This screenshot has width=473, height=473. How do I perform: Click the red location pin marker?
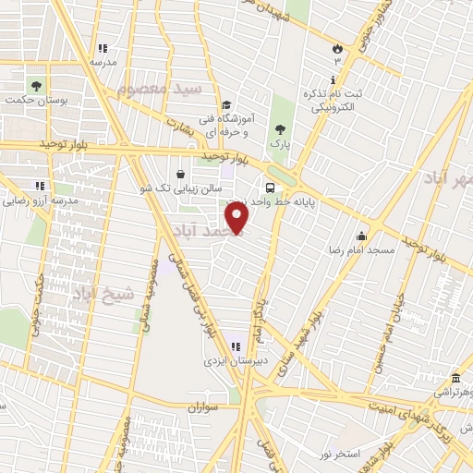click(238, 217)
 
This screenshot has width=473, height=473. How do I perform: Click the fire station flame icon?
click(337, 47)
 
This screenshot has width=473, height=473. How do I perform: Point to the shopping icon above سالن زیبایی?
click(180, 172)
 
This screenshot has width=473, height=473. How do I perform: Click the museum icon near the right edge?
click(455, 377)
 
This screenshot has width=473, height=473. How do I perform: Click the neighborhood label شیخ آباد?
click(103, 294)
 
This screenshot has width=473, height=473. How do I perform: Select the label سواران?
click(204, 406)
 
